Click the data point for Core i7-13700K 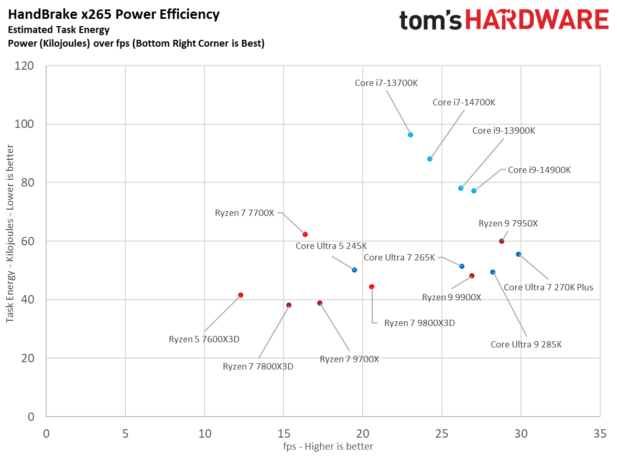click(x=410, y=135)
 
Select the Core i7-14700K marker click(x=430, y=159)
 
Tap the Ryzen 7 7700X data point click(x=305, y=234)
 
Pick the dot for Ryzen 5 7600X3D click(x=241, y=295)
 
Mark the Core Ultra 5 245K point click(x=354, y=270)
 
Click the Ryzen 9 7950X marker click(x=502, y=241)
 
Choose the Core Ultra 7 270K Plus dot click(x=518, y=254)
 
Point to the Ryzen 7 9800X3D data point click(x=372, y=287)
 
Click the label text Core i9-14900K click(x=539, y=170)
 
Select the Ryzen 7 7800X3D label click(x=258, y=366)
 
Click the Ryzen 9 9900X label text click(x=451, y=297)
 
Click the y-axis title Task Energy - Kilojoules click(x=9, y=241)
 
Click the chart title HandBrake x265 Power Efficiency click(x=114, y=14)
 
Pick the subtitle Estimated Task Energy click(x=59, y=30)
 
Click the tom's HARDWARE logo click(x=504, y=20)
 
